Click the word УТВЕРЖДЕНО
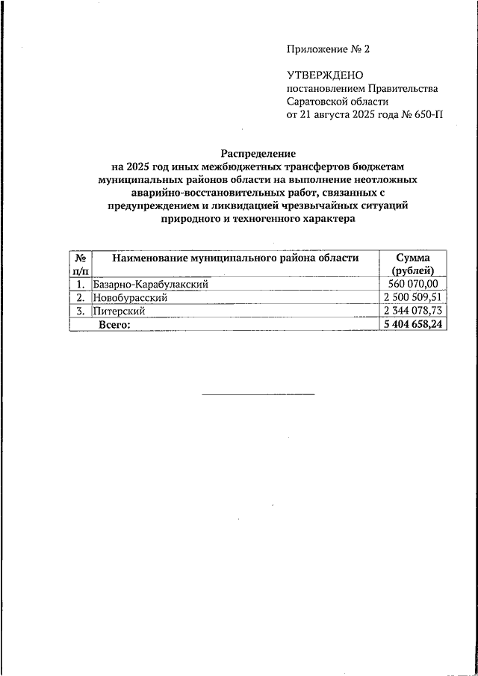pyautogui.click(x=324, y=75)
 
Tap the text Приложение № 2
pyautogui.click(x=328, y=49)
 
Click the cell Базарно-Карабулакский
pyautogui.click(x=150, y=284)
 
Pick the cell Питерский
pyautogui.click(x=119, y=311)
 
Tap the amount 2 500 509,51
pyautogui.click(x=413, y=297)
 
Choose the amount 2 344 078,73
pyautogui.click(x=413, y=311)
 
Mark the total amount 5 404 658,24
pyautogui.click(x=413, y=324)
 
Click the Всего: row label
pyautogui.click(x=115, y=324)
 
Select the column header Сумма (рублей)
pyautogui.click(x=413, y=264)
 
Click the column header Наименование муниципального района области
pyautogui.click(x=235, y=258)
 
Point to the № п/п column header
pyautogui.click(x=79, y=264)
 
